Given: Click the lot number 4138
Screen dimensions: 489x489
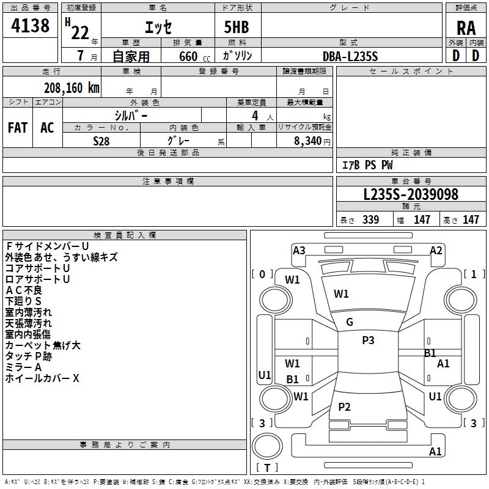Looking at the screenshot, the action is point(30,25).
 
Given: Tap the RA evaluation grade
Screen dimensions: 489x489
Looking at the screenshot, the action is point(466,28).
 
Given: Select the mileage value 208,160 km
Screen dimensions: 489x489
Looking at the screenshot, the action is point(72,88).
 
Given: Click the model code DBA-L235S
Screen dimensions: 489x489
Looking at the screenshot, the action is point(350,56).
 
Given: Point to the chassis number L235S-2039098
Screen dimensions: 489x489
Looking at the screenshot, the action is point(411,194).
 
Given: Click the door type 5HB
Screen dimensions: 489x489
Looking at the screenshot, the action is point(237,27).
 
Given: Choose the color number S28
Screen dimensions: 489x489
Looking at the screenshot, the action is point(101,141).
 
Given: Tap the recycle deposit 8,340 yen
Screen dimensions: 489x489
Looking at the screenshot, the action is point(312,141).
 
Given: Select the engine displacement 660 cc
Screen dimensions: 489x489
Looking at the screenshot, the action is point(194,56).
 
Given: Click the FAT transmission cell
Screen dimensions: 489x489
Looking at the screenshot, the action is point(18,128).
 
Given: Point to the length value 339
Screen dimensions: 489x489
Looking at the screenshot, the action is point(370,219).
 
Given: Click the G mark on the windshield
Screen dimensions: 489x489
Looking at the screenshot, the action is point(350,322).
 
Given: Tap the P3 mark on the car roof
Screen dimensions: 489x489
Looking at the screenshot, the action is point(368,340).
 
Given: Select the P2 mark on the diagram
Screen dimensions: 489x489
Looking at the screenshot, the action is point(344,406).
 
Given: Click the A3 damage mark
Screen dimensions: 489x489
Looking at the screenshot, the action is point(299,251).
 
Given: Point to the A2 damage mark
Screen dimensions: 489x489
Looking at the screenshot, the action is point(436,251).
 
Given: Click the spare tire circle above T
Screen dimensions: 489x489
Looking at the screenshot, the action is point(267,446).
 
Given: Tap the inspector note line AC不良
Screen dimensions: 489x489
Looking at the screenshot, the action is point(24,290).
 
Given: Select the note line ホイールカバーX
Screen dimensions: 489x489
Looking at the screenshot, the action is point(42,378).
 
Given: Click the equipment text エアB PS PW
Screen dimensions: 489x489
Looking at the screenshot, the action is point(367,165).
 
